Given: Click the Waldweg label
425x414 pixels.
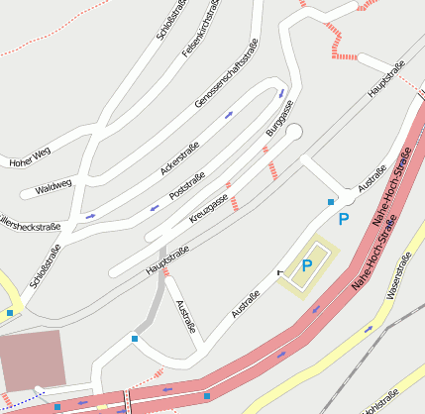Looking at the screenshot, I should click(x=53, y=185).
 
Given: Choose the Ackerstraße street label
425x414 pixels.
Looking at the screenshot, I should click(x=179, y=159).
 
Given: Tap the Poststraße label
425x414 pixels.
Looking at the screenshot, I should click(x=187, y=185).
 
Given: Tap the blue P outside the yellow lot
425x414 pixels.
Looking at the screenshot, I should click(x=344, y=218).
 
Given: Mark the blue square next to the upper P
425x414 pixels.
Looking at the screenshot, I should click(x=331, y=202).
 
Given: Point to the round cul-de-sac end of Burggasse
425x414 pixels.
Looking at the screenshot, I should click(x=292, y=132).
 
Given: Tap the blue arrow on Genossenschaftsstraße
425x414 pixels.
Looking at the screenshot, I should click(x=229, y=114).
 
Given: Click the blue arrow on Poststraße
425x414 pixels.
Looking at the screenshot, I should click(x=155, y=208).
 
